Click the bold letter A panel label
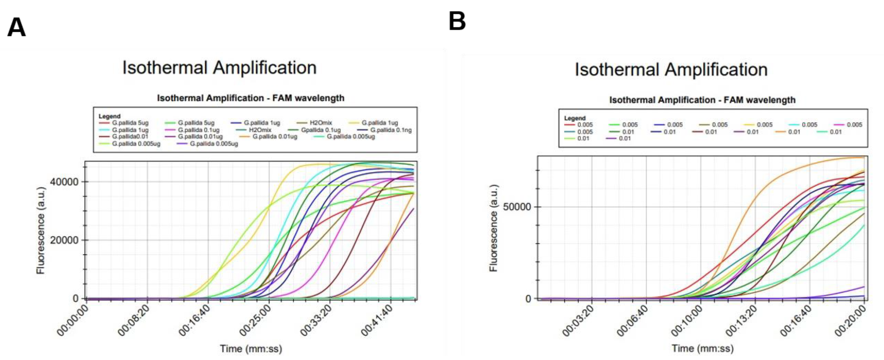pos(16,27)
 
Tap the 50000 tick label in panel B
pos(517,207)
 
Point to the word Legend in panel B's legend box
pos(574,118)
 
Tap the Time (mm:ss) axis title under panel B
pos(702,349)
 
